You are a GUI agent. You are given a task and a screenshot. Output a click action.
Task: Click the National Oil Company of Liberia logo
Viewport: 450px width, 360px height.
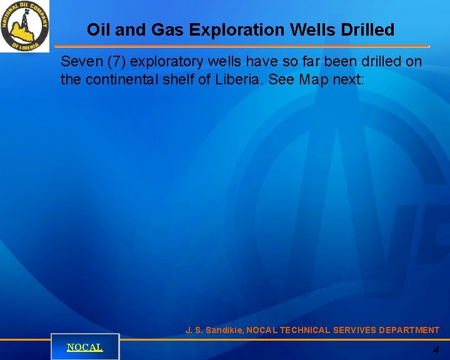tap(24, 26)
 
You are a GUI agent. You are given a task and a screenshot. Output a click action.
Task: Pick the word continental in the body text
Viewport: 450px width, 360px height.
tap(117, 79)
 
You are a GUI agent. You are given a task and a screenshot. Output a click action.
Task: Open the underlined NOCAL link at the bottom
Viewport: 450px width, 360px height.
tap(84, 347)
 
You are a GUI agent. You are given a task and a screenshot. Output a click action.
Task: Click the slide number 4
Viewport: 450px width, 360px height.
tap(436, 351)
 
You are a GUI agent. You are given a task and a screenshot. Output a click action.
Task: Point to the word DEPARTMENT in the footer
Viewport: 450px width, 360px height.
tap(408, 330)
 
